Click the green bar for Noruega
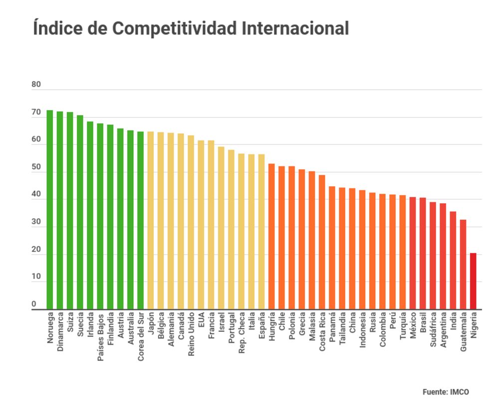pyautogui.click(x=50, y=209)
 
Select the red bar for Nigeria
pyautogui.click(x=473, y=281)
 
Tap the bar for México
pyautogui.click(x=413, y=253)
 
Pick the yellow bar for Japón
pyautogui.click(x=151, y=220)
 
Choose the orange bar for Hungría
pyautogui.click(x=271, y=236)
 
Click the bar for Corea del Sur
pyautogui.click(x=141, y=220)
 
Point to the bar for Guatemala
pyautogui.click(x=463, y=264)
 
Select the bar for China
pyautogui.click(x=352, y=249)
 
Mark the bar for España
pyautogui.click(x=261, y=232)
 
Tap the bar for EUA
pyautogui.click(x=201, y=225)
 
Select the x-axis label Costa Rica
pyautogui.click(x=322, y=332)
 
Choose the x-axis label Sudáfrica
pyautogui.click(x=433, y=330)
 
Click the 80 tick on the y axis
pyautogui.click(x=36, y=85)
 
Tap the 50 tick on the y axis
pyautogui.click(x=36, y=167)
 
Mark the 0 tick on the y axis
pyautogui.click(x=34, y=304)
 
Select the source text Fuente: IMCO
pyautogui.click(x=446, y=392)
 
